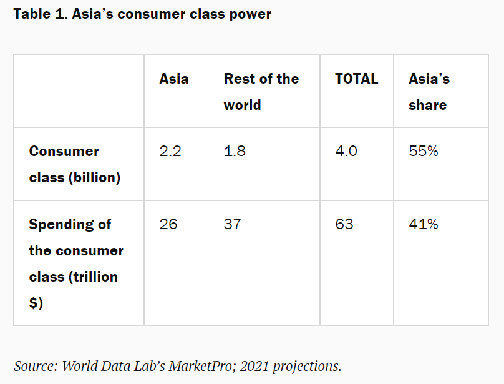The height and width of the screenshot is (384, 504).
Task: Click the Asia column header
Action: [174, 79]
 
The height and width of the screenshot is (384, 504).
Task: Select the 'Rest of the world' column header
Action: [261, 92]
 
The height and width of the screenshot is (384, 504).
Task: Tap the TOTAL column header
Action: [356, 79]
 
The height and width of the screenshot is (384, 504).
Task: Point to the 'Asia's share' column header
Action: [429, 92]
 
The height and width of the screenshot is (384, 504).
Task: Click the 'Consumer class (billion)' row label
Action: [75, 164]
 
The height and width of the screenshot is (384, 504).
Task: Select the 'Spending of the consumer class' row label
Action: [76, 263]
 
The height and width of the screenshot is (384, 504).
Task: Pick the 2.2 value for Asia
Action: [170, 151]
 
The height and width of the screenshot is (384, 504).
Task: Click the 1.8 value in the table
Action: [235, 151]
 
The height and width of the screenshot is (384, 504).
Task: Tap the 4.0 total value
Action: [346, 151]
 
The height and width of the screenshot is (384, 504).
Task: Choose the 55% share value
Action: [424, 151]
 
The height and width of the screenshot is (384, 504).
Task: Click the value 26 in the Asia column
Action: [168, 224]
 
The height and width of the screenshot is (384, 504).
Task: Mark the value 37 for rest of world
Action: [233, 224]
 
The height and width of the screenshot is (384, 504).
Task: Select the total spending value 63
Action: [344, 224]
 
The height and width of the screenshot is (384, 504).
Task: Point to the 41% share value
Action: [424, 224]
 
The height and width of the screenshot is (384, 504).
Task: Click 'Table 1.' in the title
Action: [41, 14]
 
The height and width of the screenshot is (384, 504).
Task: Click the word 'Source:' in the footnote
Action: [36, 366]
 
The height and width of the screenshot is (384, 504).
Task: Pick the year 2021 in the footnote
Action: [254, 366]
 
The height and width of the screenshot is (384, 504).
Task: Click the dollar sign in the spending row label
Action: [34, 303]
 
